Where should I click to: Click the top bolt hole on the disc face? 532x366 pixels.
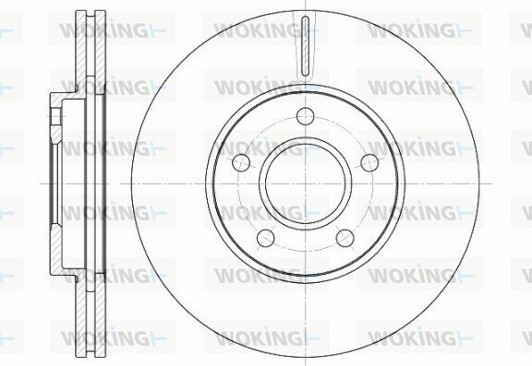(x=305, y=116)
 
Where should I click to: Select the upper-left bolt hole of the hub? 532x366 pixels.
(x=241, y=162)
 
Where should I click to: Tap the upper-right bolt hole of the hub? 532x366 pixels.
(x=369, y=162)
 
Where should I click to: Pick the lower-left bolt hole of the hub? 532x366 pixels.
(x=266, y=238)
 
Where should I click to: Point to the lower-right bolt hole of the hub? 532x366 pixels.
(x=345, y=238)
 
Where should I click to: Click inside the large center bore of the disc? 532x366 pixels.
(x=305, y=183)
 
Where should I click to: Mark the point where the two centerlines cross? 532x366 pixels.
(x=306, y=183)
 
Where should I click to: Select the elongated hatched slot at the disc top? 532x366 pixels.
(x=306, y=46)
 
